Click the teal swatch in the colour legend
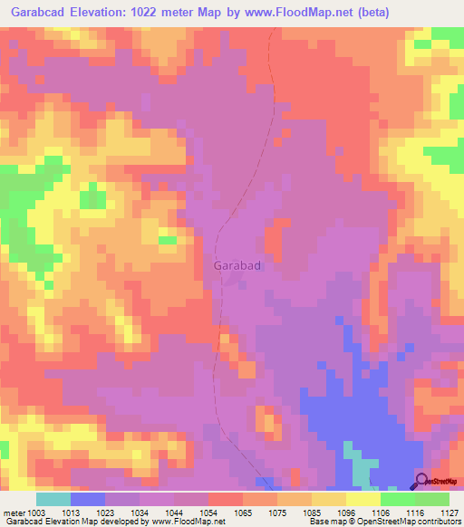53,499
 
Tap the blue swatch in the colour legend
88,499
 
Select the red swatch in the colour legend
226,499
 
